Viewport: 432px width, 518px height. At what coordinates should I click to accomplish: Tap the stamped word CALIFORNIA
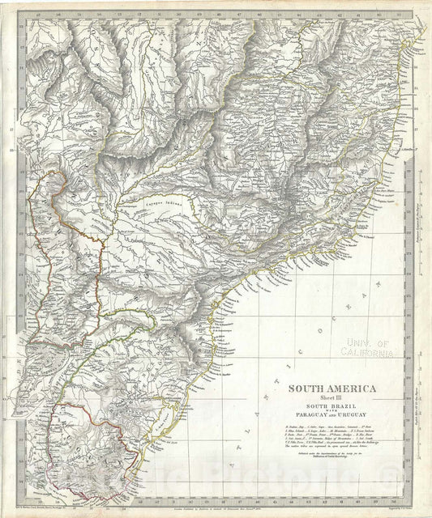[367, 351]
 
